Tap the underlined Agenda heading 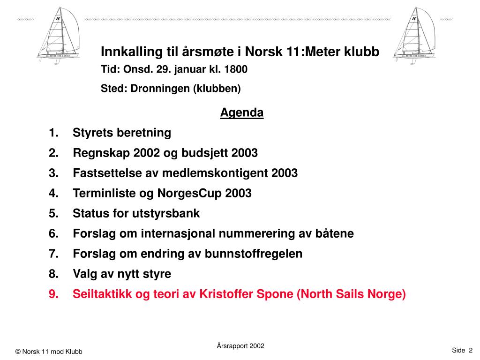tap(242, 113)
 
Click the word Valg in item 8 tap(85, 274)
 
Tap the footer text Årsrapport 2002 tap(240, 346)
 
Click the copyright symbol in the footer tap(18, 352)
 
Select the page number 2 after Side tap(470, 350)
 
